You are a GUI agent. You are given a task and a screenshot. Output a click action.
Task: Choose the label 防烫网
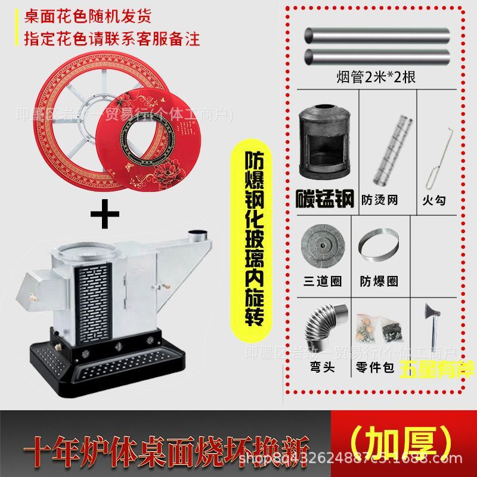click(x=380, y=200)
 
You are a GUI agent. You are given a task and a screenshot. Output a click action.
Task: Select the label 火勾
click(x=436, y=200)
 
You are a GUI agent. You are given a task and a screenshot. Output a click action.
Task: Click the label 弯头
click(x=323, y=367)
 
